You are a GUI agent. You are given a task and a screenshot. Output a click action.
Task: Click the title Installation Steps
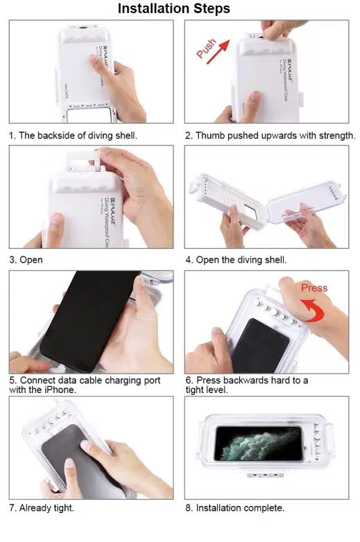tap(174, 8)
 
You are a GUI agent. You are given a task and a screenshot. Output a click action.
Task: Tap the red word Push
tap(206, 48)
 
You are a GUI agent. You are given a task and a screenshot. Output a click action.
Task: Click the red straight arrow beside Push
tap(218, 52)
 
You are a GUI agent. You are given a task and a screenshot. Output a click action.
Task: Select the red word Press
tap(314, 288)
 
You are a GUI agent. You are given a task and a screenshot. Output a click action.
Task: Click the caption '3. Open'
tap(26, 260)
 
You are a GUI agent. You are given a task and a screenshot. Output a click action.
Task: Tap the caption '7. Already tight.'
tap(42, 508)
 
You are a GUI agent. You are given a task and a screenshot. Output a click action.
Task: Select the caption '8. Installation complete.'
tap(235, 508)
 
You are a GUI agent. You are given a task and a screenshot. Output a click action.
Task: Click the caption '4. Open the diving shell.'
tap(236, 260)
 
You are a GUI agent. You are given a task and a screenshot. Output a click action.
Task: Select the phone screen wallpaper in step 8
tap(258, 444)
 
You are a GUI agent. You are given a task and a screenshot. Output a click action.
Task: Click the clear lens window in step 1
tap(91, 115)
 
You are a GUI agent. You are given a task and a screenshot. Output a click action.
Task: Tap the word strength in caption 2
tap(337, 136)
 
